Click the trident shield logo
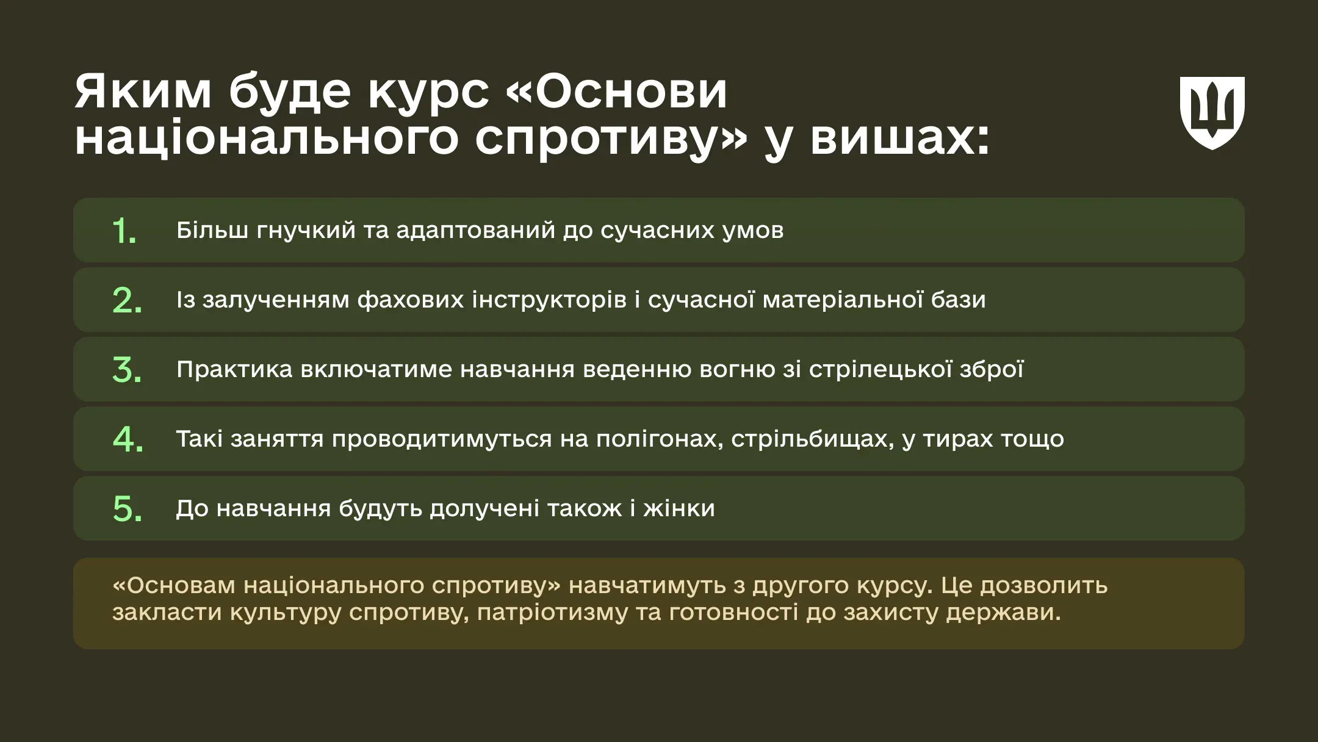coord(1212,113)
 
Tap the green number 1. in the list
coord(124,231)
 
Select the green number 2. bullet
coord(127,301)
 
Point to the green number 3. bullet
coord(127,370)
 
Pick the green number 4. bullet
coord(128,439)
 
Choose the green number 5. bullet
coord(128,509)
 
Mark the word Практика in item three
coord(234,370)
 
